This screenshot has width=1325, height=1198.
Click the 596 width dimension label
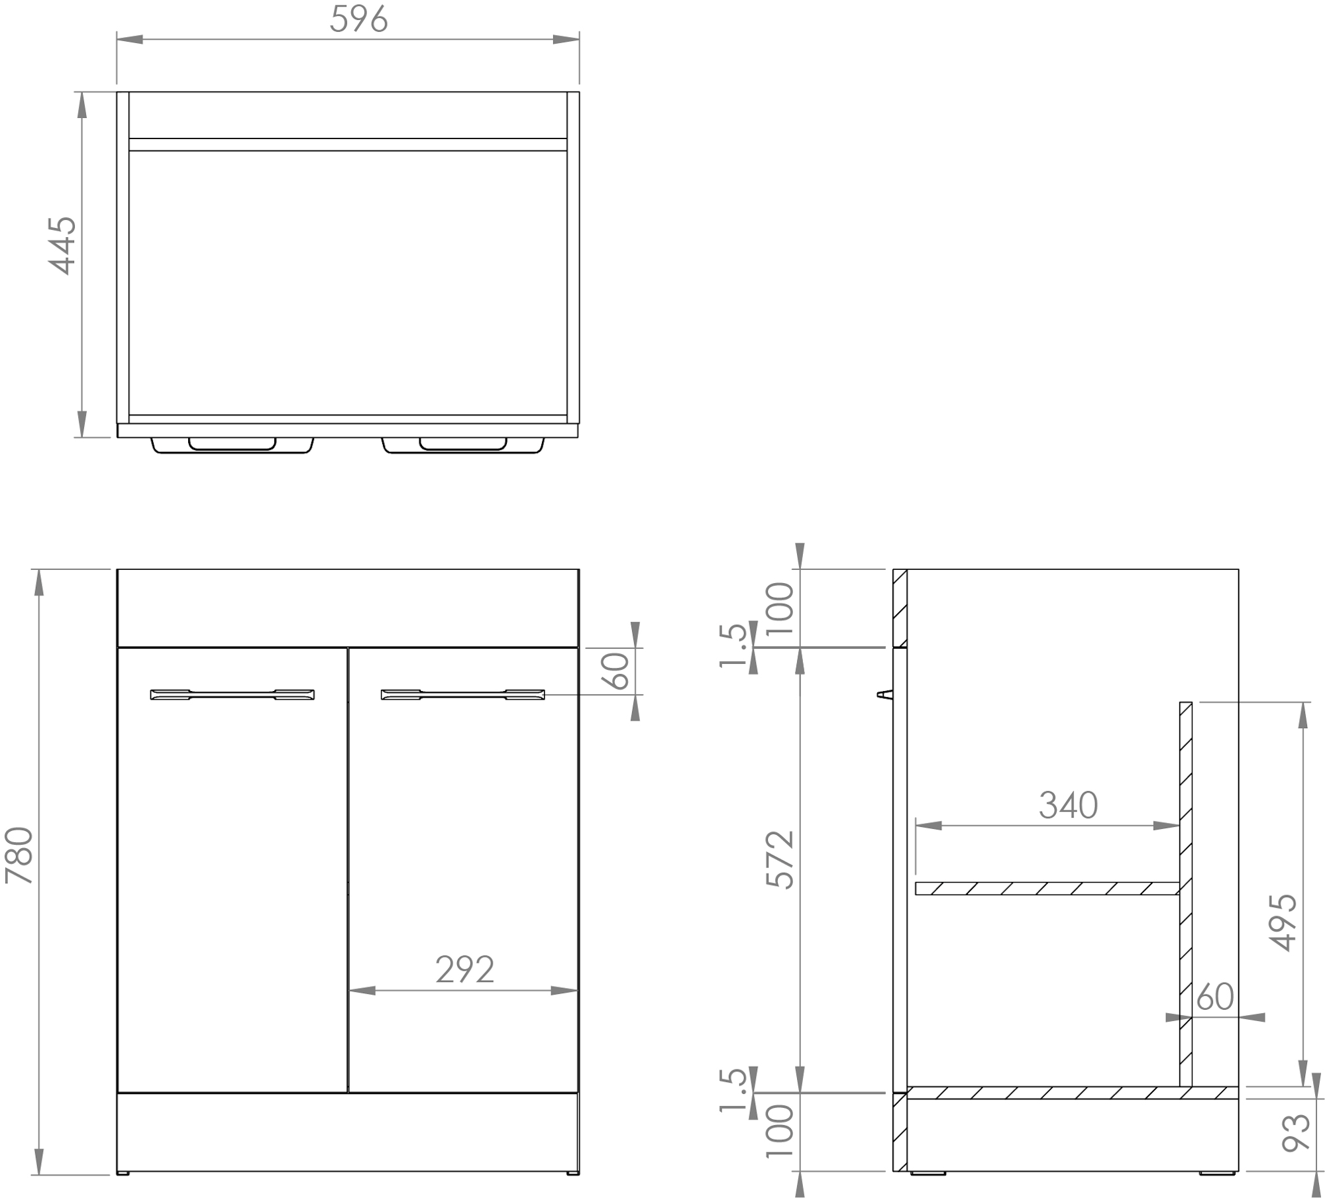point(358,19)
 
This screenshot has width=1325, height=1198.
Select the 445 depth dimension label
point(62,245)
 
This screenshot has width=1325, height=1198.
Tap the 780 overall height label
point(19,855)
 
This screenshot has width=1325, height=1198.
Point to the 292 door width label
point(464,970)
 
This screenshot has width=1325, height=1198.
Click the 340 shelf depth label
point(1068,805)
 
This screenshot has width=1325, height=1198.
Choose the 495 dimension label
point(1282,923)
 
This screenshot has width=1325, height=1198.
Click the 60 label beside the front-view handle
point(617,671)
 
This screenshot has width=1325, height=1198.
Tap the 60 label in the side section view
point(1216,996)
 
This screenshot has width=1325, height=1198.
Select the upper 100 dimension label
point(780,608)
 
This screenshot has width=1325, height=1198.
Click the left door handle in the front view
point(233,694)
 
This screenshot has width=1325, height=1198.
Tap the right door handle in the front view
point(462,694)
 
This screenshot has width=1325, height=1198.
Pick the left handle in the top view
point(233,445)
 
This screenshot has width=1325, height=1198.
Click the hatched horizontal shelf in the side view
point(1047,888)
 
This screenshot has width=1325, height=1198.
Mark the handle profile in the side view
point(884,694)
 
